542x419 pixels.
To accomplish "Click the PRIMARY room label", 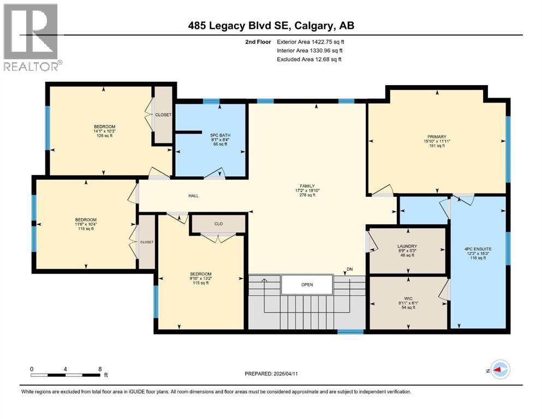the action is (x=437, y=137).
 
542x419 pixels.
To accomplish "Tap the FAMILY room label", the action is (x=307, y=186).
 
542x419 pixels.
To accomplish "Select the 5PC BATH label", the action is (x=220, y=135).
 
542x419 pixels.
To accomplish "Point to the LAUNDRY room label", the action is (x=407, y=246).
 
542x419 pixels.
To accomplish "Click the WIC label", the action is (x=408, y=298).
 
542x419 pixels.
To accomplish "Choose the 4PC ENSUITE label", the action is (x=478, y=249).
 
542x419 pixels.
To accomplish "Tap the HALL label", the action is (x=194, y=196).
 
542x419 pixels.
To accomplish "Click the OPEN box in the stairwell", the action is (x=307, y=285).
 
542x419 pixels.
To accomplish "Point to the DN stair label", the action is (x=350, y=270).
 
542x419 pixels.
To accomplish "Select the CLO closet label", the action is (x=218, y=224).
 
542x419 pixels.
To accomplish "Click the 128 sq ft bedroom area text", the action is (x=104, y=136).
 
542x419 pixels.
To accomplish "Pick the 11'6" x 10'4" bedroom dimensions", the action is (x=86, y=224).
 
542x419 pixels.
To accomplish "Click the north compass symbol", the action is (x=500, y=370).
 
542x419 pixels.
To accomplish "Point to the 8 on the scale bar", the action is (x=100, y=369).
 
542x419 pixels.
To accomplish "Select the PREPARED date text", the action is (x=271, y=374).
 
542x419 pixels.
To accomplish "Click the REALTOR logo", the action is (x=32, y=37).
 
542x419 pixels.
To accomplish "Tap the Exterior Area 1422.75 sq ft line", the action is (x=311, y=42).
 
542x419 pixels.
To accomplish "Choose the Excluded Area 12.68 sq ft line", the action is (x=309, y=59).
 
